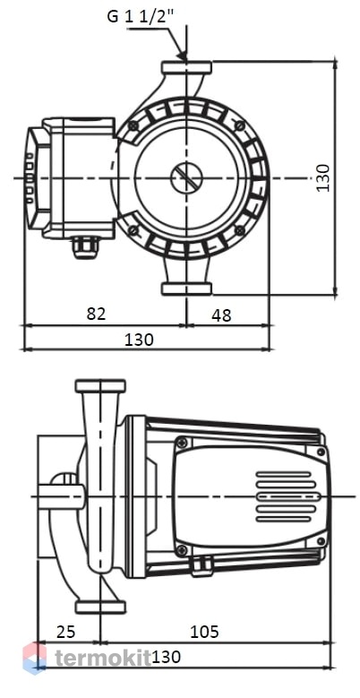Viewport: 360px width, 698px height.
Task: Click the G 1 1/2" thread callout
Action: [x=140, y=16]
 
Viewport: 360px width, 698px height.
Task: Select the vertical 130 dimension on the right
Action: [x=323, y=177]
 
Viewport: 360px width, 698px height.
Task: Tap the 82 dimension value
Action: [x=97, y=314]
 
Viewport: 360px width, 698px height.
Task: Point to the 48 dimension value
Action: [x=221, y=315]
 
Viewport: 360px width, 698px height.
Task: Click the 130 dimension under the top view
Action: [x=139, y=340]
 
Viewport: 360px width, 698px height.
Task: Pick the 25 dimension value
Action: [x=66, y=631]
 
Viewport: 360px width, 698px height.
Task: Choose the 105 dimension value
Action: [x=205, y=631]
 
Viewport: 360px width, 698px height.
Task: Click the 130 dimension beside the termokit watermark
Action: [x=166, y=657]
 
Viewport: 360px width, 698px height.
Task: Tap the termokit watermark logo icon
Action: [x=34, y=659]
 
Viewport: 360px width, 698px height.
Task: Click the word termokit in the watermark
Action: [x=103, y=659]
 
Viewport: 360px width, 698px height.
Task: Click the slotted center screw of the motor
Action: [x=186, y=178]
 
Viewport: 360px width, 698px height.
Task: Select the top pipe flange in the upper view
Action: [x=186, y=68]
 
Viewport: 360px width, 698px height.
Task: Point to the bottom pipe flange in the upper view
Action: [x=186, y=289]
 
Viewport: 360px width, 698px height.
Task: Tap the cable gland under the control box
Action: [x=85, y=247]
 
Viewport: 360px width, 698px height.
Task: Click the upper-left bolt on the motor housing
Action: [x=133, y=126]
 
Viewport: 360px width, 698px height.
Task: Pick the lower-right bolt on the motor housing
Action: [x=240, y=229]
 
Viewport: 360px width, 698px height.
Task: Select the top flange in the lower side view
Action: [x=100, y=385]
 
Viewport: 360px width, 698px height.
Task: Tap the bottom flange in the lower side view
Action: [x=100, y=608]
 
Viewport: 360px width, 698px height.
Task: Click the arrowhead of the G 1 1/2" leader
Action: [x=182, y=55]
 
